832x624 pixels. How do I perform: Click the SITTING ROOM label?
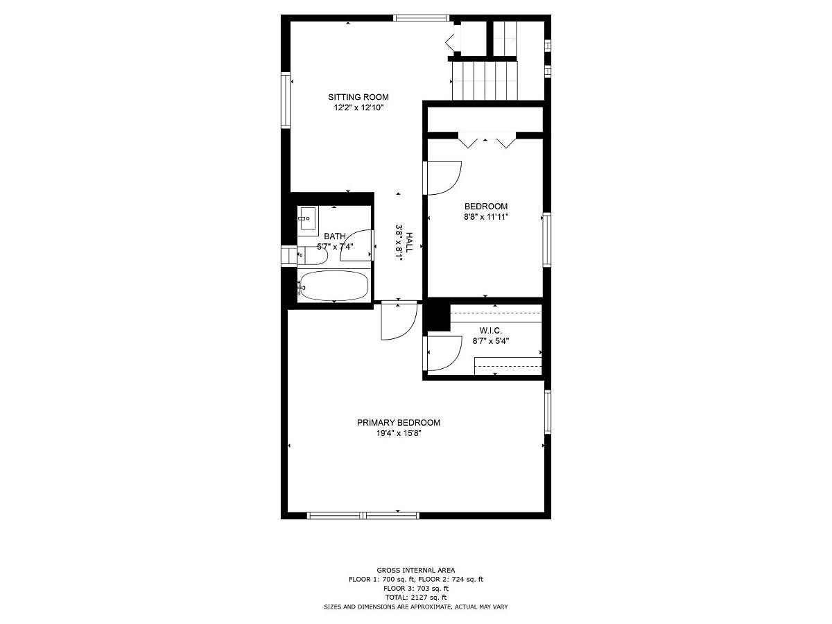(x=358, y=97)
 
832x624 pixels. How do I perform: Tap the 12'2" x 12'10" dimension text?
(x=358, y=107)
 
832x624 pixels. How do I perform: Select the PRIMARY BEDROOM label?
(x=399, y=422)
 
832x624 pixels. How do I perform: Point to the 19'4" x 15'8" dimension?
(x=399, y=433)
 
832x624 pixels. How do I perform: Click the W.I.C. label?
(x=490, y=331)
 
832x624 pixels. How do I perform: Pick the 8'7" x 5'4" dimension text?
(x=490, y=341)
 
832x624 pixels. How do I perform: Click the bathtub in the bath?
(x=333, y=285)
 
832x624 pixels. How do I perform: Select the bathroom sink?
(x=308, y=218)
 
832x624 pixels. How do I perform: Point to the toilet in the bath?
(x=312, y=255)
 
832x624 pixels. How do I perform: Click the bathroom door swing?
(x=356, y=245)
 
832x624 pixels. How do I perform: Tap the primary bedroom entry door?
(x=399, y=320)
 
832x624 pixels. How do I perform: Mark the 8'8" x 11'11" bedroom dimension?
(x=486, y=217)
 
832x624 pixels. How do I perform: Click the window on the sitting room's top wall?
(x=421, y=18)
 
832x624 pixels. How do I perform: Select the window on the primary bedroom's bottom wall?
(x=363, y=515)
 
